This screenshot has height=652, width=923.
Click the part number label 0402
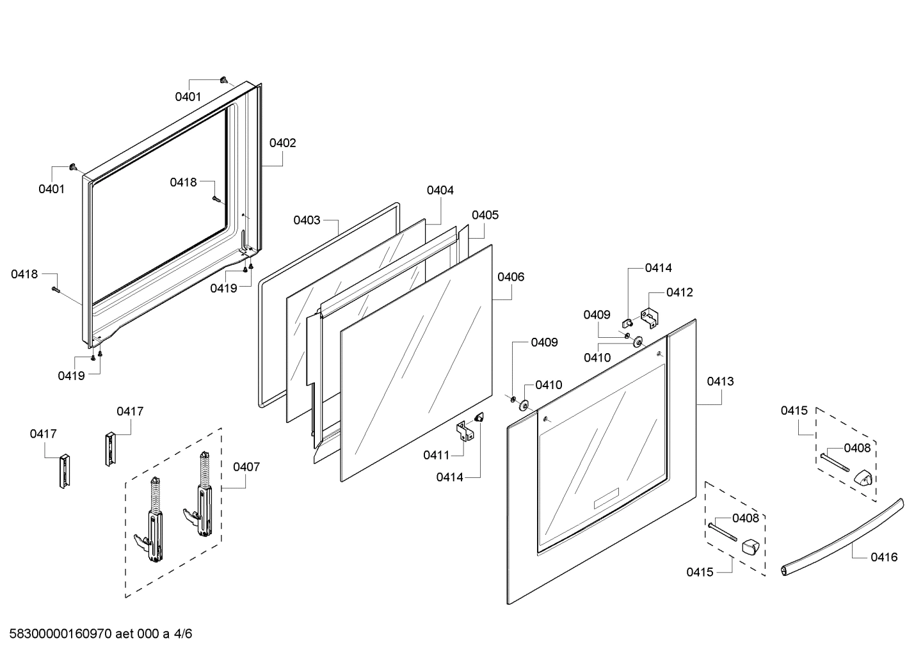282,143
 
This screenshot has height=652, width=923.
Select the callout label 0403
307,220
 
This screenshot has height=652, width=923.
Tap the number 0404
440,190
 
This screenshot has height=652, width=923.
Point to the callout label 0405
485,215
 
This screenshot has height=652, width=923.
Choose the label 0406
511,277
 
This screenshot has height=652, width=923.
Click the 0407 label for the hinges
246,466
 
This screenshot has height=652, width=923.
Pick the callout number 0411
436,455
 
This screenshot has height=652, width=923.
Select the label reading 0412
679,292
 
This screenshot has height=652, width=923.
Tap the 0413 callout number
720,381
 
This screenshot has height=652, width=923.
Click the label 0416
884,557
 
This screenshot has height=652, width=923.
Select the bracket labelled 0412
650,318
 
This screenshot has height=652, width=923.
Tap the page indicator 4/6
183,634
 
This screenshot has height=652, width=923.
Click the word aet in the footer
125,634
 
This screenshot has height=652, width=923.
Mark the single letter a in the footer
166,634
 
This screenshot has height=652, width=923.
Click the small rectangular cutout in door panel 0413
606,498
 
